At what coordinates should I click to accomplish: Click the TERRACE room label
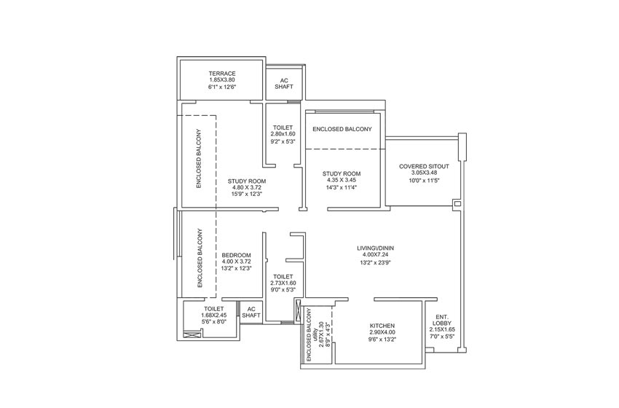(222, 74)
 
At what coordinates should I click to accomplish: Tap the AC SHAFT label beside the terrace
(284, 83)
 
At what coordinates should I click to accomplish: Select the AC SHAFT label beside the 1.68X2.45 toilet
(251, 312)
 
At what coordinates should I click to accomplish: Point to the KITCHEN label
(382, 326)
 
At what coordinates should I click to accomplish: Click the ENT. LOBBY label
(442, 320)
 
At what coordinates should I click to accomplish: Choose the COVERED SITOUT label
(424, 166)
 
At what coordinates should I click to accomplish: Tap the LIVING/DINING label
(376, 248)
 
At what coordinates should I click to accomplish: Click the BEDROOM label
(236, 255)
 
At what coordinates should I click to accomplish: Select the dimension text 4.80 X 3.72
(247, 188)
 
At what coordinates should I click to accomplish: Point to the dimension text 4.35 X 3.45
(342, 180)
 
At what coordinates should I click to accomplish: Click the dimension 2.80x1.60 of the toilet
(283, 134)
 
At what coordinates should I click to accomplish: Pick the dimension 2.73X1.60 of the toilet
(283, 283)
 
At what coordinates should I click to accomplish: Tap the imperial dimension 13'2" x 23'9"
(375, 262)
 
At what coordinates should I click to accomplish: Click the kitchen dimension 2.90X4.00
(382, 332)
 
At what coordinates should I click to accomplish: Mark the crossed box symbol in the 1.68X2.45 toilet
(192, 335)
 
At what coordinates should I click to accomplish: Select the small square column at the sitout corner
(457, 204)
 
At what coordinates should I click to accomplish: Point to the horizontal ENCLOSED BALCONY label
(342, 129)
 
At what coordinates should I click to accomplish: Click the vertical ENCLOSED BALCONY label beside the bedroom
(200, 258)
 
